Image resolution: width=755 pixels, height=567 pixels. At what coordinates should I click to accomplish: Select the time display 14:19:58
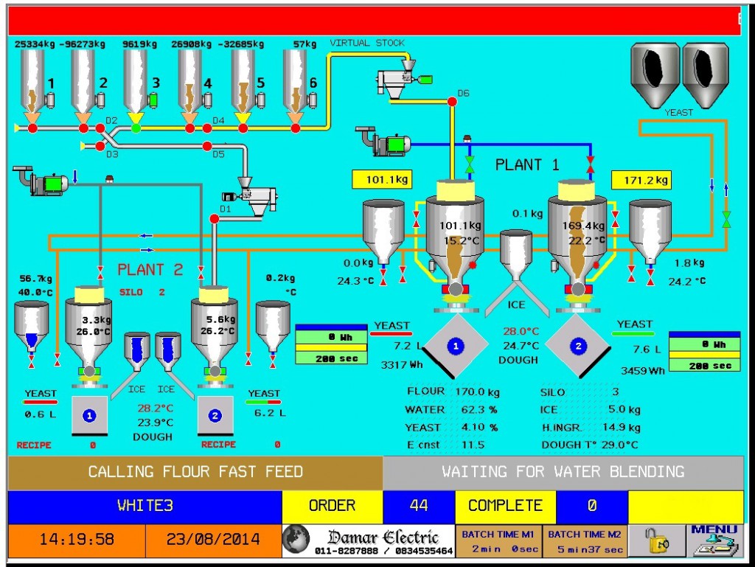tap(77, 540)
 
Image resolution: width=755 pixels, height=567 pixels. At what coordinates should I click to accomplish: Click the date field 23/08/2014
tap(213, 540)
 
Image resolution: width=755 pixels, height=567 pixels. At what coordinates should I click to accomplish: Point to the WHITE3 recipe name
tap(145, 506)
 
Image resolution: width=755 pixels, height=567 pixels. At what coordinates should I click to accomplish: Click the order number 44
tap(419, 506)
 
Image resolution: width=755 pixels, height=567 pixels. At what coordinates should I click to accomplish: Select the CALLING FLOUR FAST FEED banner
tap(195, 472)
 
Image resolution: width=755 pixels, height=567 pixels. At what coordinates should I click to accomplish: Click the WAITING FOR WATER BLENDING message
tap(563, 472)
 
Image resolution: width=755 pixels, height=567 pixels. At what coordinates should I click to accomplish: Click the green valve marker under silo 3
tap(136, 128)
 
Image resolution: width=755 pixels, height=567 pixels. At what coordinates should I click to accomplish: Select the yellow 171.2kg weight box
tap(641, 179)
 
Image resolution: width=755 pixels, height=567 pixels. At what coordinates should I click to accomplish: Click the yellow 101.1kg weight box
tap(381, 179)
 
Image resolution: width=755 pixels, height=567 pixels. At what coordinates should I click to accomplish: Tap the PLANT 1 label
tap(527, 164)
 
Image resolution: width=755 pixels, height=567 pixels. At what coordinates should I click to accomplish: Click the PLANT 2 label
tap(150, 270)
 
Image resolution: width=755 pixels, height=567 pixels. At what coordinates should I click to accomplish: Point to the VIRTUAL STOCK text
tap(366, 43)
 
